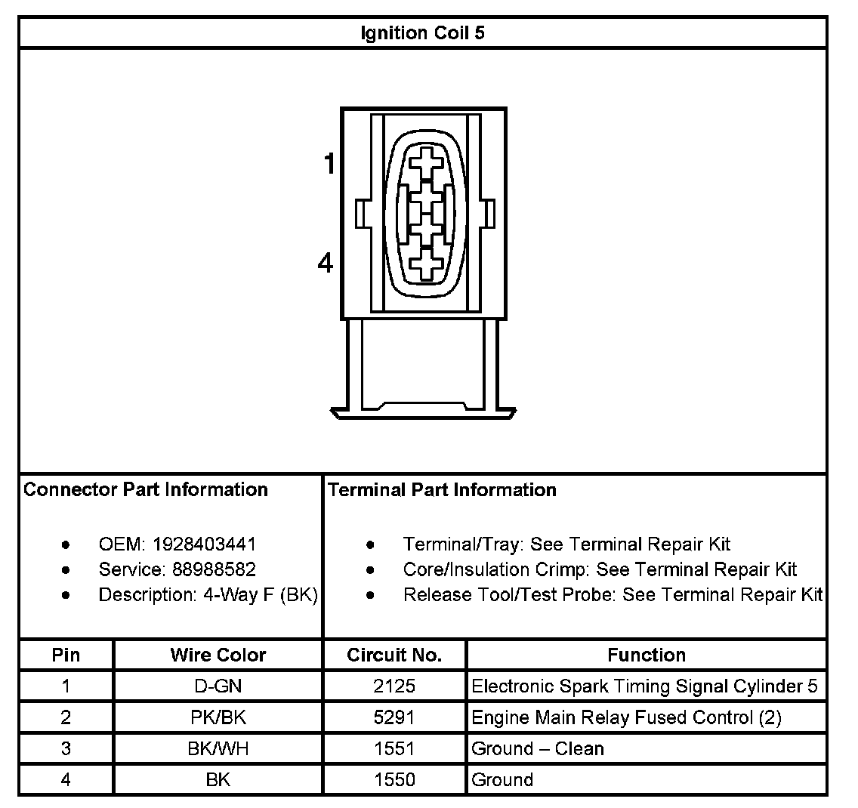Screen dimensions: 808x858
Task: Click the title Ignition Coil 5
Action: [x=423, y=33]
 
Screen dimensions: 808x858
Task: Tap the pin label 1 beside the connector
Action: [x=329, y=163]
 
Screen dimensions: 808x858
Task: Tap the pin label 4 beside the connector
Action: [x=326, y=264]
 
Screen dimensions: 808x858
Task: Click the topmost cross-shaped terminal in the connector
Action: [x=427, y=163]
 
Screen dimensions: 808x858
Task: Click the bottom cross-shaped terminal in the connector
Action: [x=427, y=264]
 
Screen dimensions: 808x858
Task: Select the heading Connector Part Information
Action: [x=146, y=489]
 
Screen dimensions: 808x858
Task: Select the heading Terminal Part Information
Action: [x=443, y=489]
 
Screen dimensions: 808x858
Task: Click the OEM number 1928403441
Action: [x=204, y=544]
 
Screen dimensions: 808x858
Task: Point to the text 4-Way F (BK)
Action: [x=260, y=594]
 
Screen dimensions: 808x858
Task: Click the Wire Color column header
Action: [x=218, y=655]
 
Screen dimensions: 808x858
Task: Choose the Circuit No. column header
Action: [x=394, y=655]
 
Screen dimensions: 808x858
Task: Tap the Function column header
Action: [x=647, y=655]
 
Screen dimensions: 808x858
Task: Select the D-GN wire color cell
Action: [x=218, y=686]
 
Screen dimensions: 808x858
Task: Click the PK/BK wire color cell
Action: [x=218, y=717]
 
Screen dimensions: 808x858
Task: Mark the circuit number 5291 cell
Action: [x=394, y=717]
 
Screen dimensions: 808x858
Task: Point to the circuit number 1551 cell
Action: [x=394, y=748]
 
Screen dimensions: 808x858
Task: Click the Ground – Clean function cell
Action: [x=538, y=748]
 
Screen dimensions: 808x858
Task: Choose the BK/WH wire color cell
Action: [x=218, y=748]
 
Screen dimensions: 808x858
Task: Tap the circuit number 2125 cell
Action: [x=394, y=686]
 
